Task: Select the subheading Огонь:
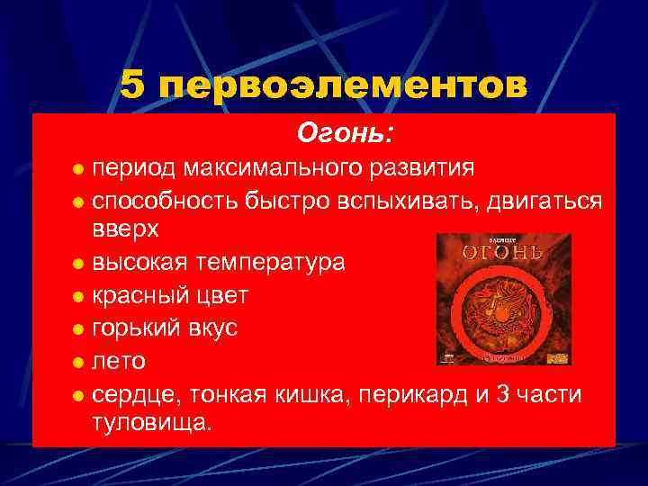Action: click(345, 134)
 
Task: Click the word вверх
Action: click(125, 229)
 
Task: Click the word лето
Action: click(117, 361)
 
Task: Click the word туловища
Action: click(151, 422)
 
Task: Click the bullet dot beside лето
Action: click(79, 363)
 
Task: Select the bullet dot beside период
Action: click(79, 169)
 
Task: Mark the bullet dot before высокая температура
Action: click(79, 265)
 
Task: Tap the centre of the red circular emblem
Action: click(504, 311)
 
